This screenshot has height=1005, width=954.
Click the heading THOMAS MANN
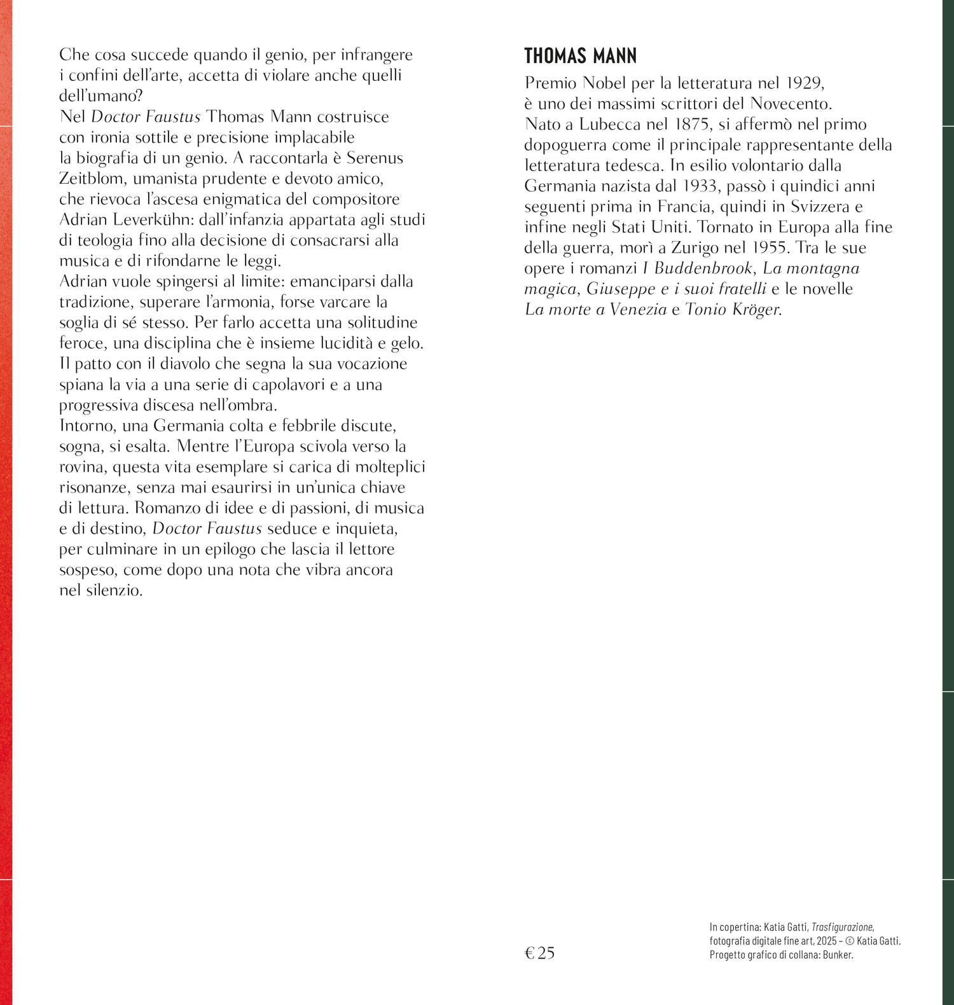pyautogui.click(x=580, y=56)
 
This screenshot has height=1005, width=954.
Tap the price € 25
pyautogui.click(x=539, y=952)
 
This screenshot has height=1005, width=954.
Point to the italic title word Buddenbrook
pyautogui.click(x=699, y=268)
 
